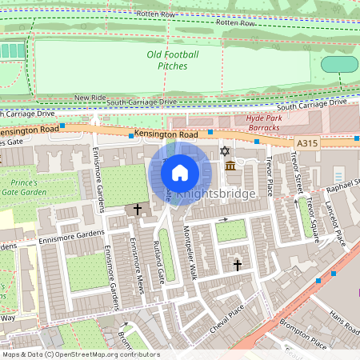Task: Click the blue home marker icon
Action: (180, 172)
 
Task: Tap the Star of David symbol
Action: (225, 151)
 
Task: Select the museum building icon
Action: (231, 166)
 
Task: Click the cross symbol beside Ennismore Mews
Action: (138, 210)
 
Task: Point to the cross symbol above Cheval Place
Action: (237, 264)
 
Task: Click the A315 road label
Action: (308, 142)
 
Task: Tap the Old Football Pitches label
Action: (173, 59)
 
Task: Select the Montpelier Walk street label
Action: (189, 253)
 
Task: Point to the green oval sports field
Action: (339, 64)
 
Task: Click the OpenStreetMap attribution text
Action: (80, 354)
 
